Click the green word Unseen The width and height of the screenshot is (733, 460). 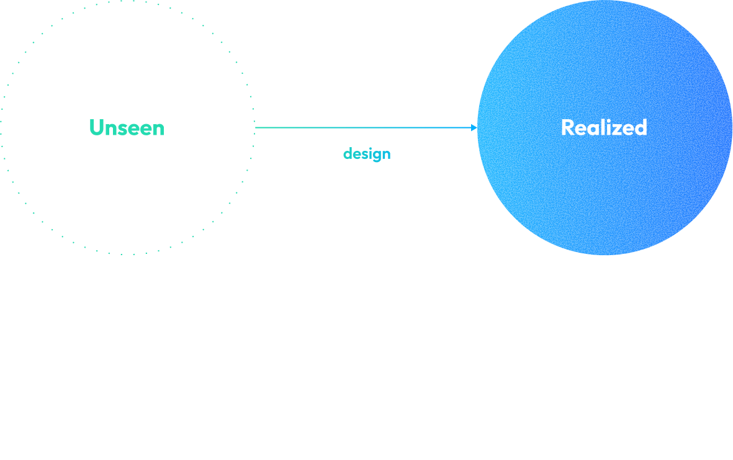[x=127, y=128]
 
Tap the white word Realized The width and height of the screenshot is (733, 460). [x=604, y=127]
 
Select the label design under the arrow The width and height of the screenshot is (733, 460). [x=367, y=153]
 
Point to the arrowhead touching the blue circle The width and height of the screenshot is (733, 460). [x=474, y=128]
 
